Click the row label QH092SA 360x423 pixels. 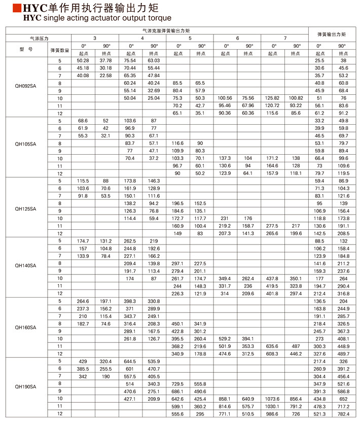point(26,85)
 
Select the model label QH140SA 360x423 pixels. point(26,265)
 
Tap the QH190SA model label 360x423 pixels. point(26,386)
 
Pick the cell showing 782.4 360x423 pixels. point(343,414)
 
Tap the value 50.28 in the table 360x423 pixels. point(83,60)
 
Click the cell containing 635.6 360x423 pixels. point(273,345)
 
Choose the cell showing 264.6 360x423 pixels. point(83,301)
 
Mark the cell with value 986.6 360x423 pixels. point(273,414)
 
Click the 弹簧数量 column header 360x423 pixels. point(59,50)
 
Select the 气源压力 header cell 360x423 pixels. point(39,38)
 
